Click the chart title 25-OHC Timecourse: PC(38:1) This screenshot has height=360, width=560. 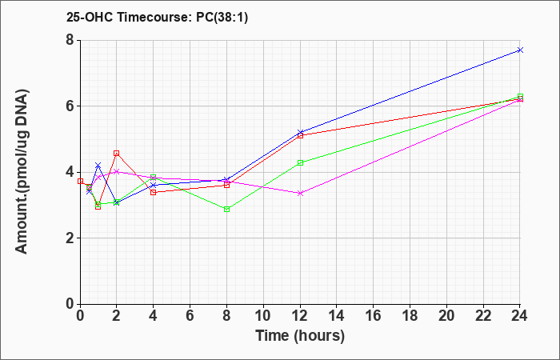coord(157,17)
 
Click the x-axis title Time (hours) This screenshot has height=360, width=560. coord(300,336)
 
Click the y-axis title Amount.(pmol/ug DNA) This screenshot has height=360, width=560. coord(22,171)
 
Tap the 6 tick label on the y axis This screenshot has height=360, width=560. coord(70,106)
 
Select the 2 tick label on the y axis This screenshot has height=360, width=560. coord(70,238)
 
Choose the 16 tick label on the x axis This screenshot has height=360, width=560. coord(374,316)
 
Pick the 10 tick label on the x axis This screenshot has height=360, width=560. coord(263,316)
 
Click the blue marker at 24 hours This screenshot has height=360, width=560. coord(520,50)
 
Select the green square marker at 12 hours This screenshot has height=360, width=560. coord(300,163)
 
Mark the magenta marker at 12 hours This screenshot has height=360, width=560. coord(300,194)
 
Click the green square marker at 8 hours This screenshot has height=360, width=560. coord(226,210)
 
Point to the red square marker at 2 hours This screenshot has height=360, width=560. coord(117,154)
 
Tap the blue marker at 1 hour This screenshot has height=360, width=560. coord(98,165)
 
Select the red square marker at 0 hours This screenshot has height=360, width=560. coord(80,181)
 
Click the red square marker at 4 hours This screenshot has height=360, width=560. coord(154,193)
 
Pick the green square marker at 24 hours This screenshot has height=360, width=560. coord(520,97)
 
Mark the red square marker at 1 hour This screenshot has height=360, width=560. coord(98,207)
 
